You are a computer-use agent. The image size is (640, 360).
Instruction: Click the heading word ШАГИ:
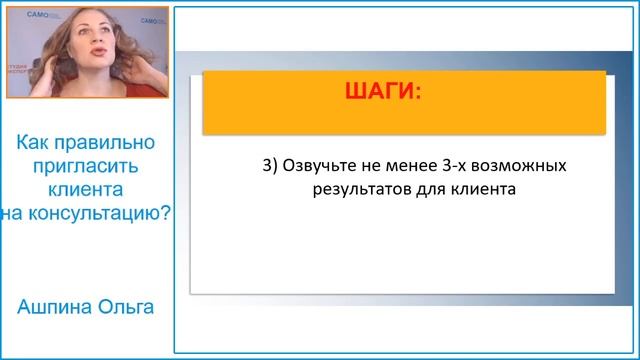click(x=382, y=92)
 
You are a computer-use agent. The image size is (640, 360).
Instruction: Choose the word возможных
click(x=525, y=164)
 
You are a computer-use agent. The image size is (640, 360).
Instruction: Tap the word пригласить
click(x=84, y=166)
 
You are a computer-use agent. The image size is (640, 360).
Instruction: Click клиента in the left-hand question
click(x=84, y=187)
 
